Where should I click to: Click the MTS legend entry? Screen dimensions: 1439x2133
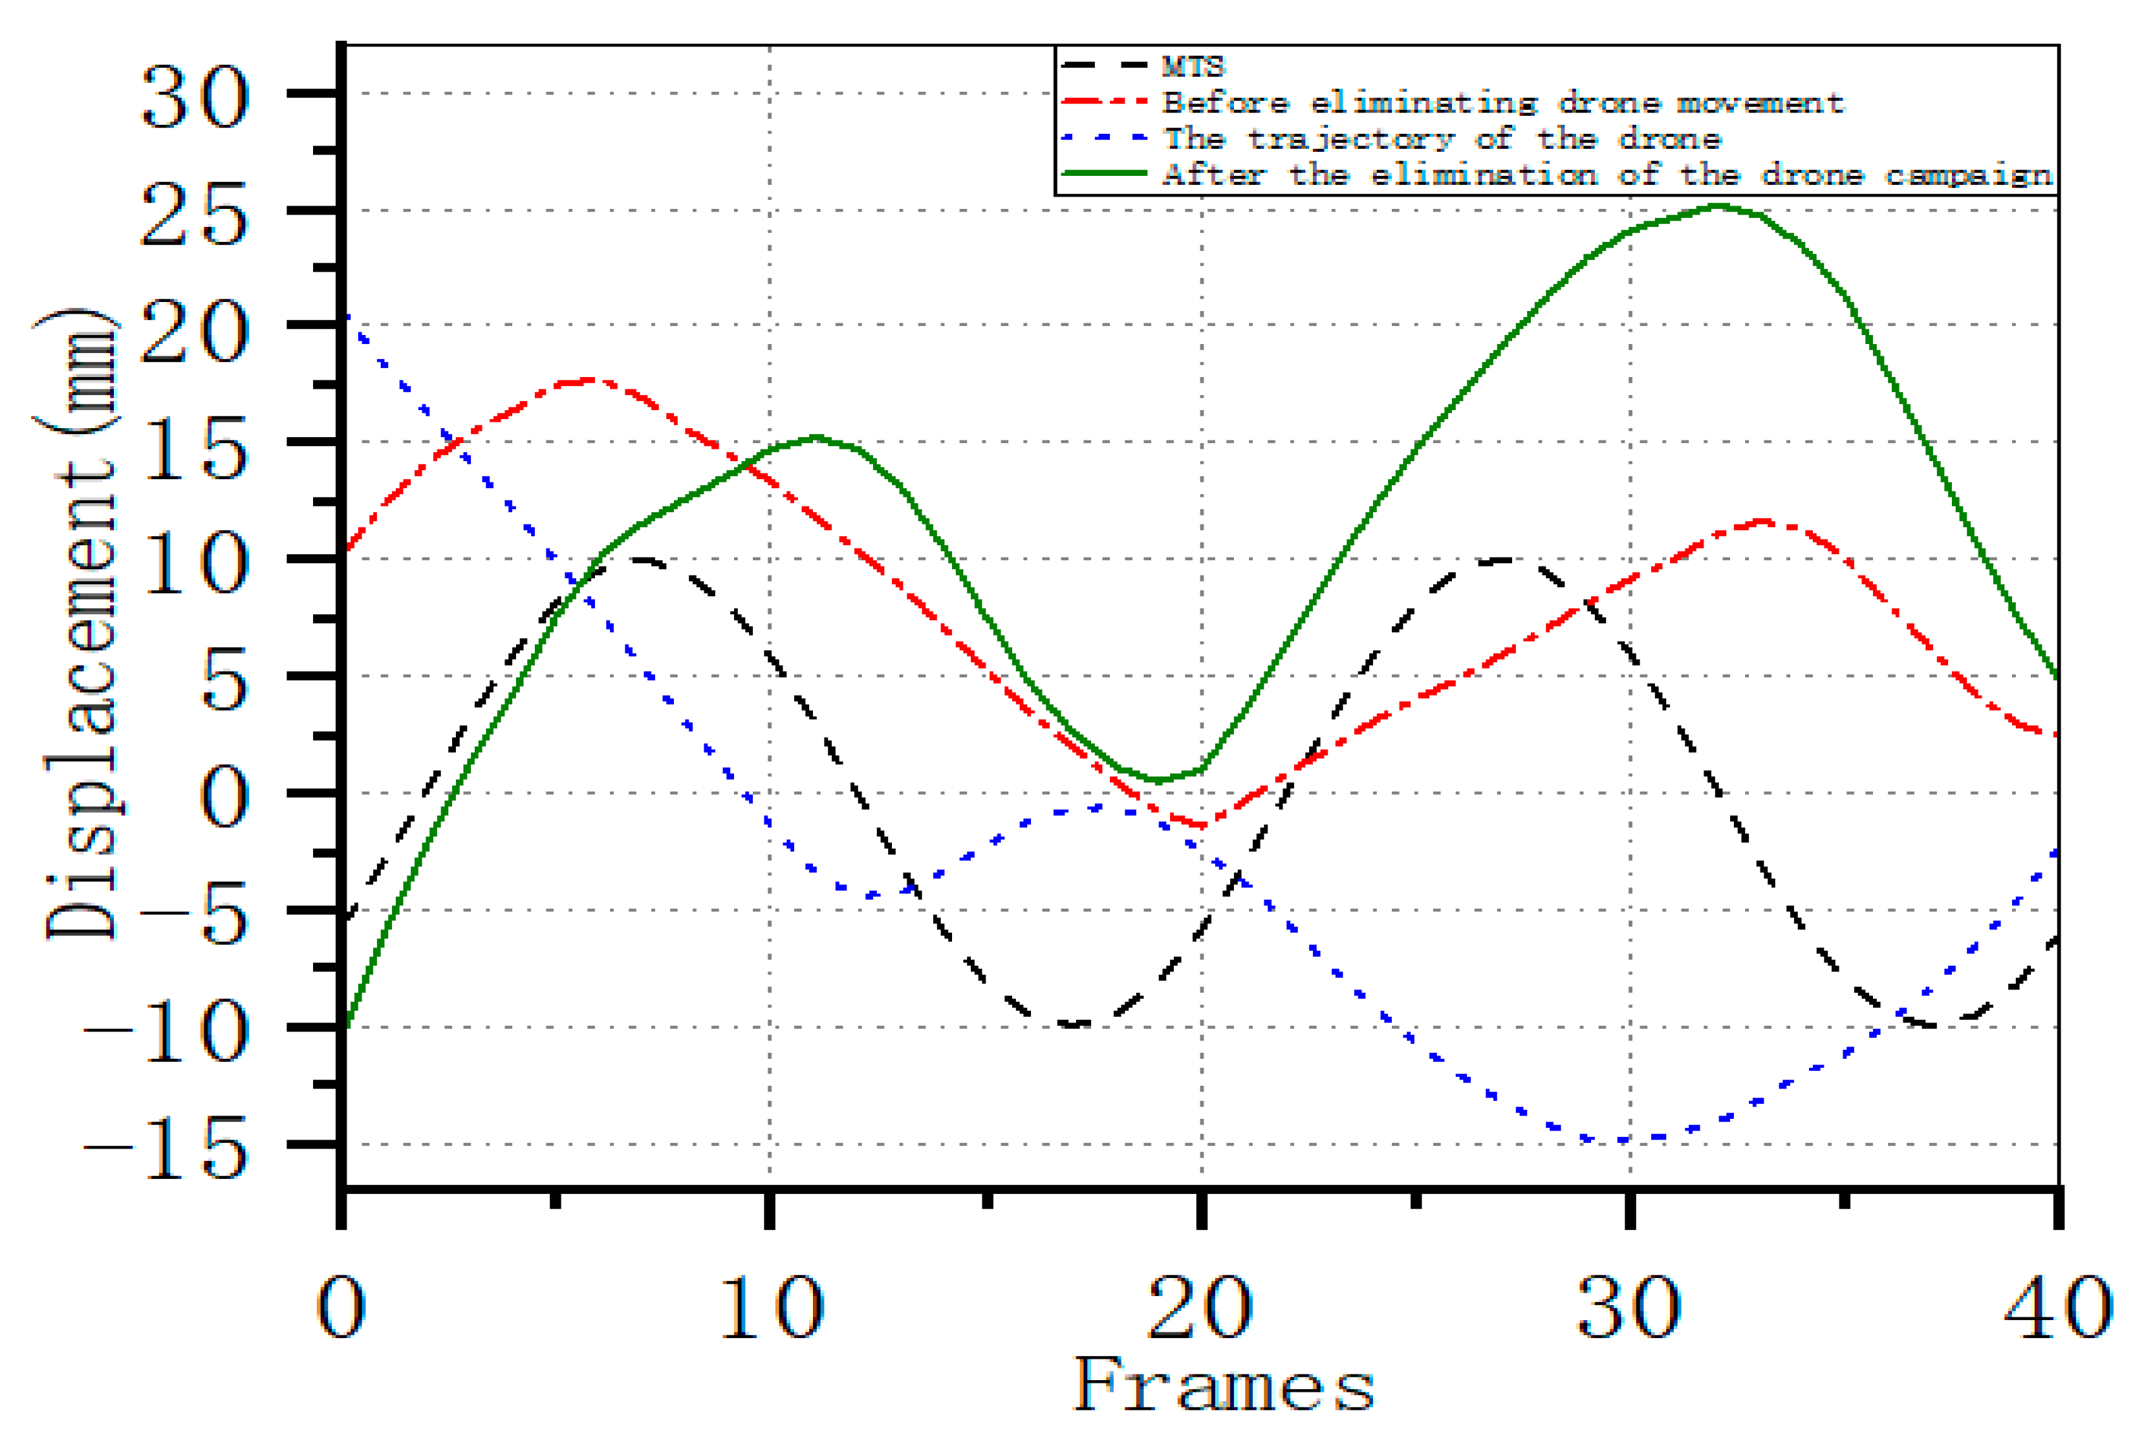click(1192, 66)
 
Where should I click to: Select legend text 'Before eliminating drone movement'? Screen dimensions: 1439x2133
click(1502, 102)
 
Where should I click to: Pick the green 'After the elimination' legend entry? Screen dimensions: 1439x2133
click(1606, 175)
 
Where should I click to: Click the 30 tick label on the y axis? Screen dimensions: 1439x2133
click(195, 97)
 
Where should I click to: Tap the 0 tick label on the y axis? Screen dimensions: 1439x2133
click(224, 797)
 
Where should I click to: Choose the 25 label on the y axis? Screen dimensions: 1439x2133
click(195, 214)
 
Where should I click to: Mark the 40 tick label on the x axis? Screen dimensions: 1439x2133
click(2065, 1308)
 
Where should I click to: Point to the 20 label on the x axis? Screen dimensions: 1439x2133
click(1200, 1308)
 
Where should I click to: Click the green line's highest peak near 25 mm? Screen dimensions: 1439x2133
click(1718, 206)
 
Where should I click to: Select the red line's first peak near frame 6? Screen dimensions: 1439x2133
click(590, 380)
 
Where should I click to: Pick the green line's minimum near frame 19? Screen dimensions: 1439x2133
click(1158, 780)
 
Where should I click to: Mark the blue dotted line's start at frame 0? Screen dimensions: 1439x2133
click(346, 317)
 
